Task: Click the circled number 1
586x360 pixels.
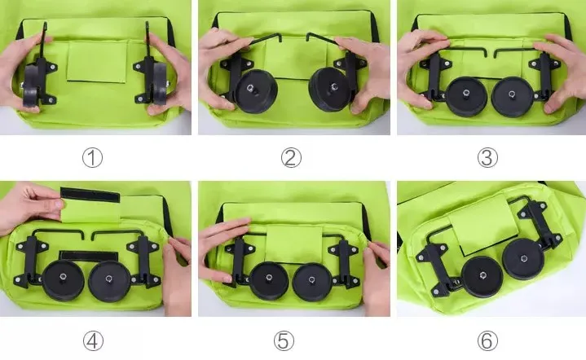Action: click(x=92, y=157)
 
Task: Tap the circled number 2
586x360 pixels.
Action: click(x=291, y=157)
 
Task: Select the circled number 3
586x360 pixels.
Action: click(x=487, y=157)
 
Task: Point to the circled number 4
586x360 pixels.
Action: click(x=93, y=341)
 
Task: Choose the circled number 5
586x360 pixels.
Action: click(x=284, y=341)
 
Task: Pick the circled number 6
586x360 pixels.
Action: click(x=487, y=341)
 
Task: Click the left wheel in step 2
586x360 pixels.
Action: click(x=256, y=91)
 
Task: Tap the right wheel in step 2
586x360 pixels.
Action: click(x=329, y=90)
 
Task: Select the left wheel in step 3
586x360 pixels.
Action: click(x=466, y=96)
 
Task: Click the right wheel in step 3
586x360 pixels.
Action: click(x=512, y=96)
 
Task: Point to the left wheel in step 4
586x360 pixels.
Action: click(x=63, y=281)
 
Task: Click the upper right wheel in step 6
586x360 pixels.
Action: click(x=523, y=259)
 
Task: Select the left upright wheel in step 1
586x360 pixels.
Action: click(x=31, y=86)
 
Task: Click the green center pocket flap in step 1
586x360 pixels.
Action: click(x=97, y=62)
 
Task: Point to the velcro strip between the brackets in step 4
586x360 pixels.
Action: click(x=89, y=257)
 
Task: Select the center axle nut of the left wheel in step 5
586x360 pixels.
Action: click(x=269, y=278)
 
